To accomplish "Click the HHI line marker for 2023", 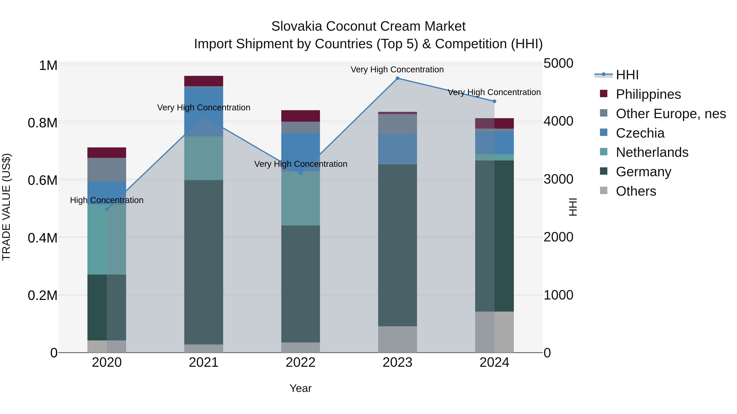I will (x=397, y=78).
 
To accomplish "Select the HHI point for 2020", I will (x=107, y=209).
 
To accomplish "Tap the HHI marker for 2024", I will (x=494, y=101).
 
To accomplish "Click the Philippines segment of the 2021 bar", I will (x=203, y=81).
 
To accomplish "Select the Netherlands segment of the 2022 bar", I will (x=300, y=199).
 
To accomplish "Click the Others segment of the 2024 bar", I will (x=494, y=332).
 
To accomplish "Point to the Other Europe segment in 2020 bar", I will (x=107, y=170).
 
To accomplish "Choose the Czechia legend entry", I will (x=640, y=133).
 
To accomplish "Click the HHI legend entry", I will (x=627, y=75).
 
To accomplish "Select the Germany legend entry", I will (x=643, y=172).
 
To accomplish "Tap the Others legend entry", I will (x=636, y=191).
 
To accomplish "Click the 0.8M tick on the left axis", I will (x=43, y=123).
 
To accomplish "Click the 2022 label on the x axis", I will (x=300, y=362).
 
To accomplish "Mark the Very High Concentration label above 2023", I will (x=397, y=70).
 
